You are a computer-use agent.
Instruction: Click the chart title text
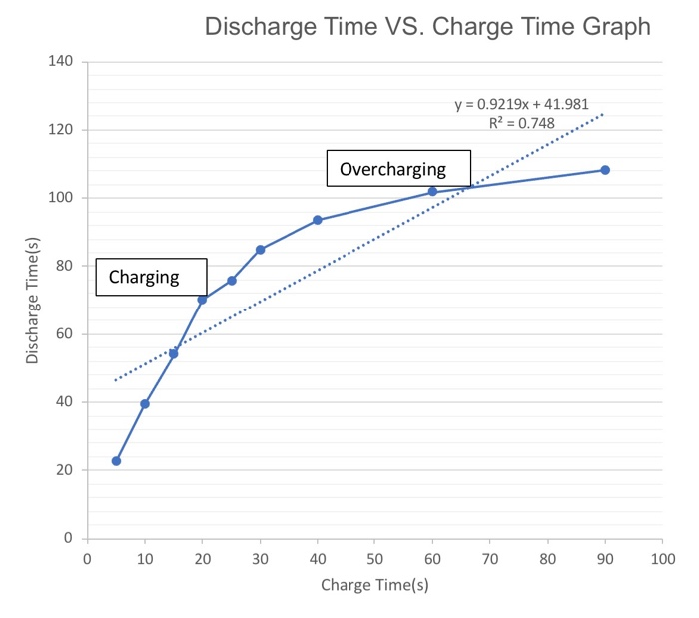(427, 27)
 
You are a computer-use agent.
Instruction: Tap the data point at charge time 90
(605, 170)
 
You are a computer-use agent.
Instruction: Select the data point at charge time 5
(116, 461)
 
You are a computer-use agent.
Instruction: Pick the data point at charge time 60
(432, 191)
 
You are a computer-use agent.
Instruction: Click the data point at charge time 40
(318, 220)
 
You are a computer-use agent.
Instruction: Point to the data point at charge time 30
(260, 250)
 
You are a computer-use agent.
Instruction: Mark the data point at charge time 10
(145, 404)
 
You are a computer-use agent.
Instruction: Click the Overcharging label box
(398, 169)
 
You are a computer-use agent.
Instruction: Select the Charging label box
(151, 277)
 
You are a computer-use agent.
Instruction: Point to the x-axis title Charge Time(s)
(374, 585)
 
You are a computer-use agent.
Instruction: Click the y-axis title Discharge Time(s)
(33, 300)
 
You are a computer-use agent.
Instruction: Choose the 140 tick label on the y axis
(60, 62)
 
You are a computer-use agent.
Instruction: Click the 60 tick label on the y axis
(64, 334)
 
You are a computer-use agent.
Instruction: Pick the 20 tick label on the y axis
(64, 470)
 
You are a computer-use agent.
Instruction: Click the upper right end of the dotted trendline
(604, 114)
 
